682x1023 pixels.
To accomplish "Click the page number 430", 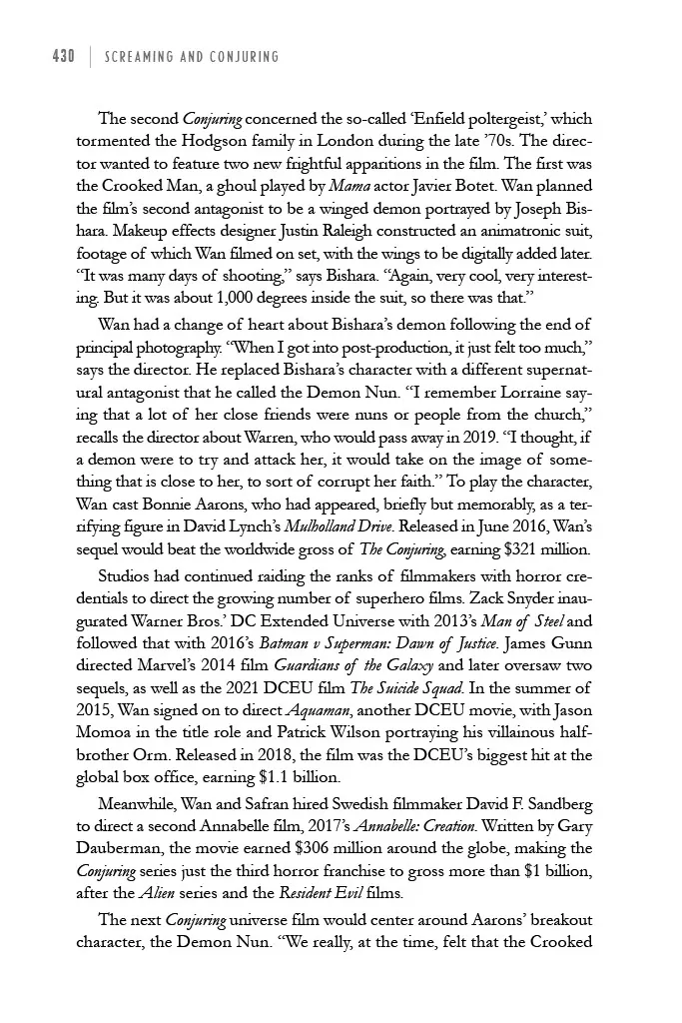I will [x=63, y=57].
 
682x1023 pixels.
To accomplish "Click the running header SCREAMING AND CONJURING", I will [x=191, y=57].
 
